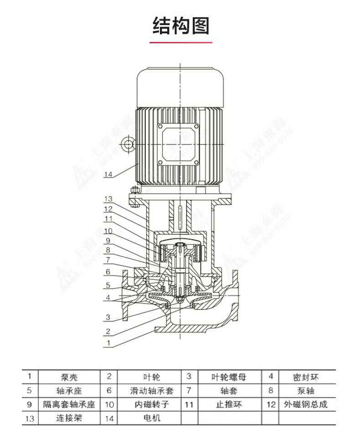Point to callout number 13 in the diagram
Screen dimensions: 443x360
[108, 199]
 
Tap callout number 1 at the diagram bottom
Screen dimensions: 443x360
[108, 342]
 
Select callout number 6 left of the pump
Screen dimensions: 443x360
[108, 272]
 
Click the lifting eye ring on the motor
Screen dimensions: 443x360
[128, 145]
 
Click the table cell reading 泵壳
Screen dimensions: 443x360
[69, 377]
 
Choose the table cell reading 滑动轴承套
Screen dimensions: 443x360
[150, 391]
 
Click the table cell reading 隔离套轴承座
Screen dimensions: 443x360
[69, 404]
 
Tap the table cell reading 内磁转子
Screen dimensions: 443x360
[150, 404]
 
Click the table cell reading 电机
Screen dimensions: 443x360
[150, 418]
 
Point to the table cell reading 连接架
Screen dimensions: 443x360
[69, 418]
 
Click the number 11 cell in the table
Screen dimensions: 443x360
[189, 404]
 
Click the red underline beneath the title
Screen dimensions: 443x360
[181, 42]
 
